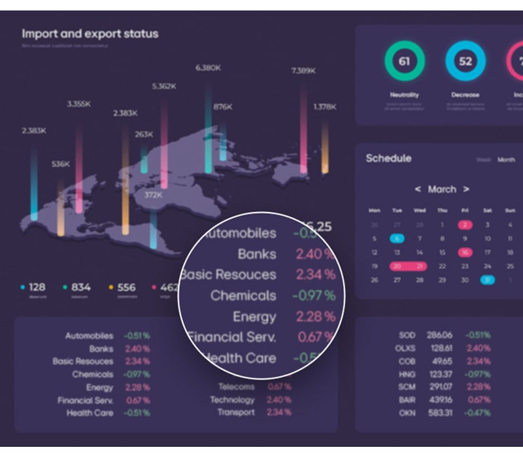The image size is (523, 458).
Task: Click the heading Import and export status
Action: (x=90, y=33)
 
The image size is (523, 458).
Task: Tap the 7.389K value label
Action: (x=304, y=71)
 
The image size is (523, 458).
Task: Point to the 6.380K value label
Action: (x=209, y=67)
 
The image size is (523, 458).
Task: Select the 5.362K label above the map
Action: (x=164, y=86)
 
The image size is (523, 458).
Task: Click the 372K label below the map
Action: (x=154, y=195)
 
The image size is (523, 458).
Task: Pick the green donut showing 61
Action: (x=404, y=62)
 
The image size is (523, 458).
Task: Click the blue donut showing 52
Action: (x=465, y=62)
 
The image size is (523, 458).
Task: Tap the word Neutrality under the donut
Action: (x=404, y=95)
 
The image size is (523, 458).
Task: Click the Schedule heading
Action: (x=388, y=158)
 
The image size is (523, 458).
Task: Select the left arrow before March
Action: (x=418, y=189)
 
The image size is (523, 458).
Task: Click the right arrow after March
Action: (x=466, y=189)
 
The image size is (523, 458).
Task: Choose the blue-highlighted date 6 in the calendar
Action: (x=397, y=239)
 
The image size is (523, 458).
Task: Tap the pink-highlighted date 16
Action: (x=465, y=253)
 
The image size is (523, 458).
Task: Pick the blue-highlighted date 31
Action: (x=487, y=280)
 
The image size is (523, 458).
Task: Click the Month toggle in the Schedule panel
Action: (x=506, y=160)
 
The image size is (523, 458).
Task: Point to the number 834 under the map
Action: (x=81, y=287)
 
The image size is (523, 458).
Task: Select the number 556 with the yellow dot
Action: (x=126, y=287)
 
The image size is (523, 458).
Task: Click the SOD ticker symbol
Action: (x=406, y=335)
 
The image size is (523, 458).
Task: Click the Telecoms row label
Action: (x=236, y=387)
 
